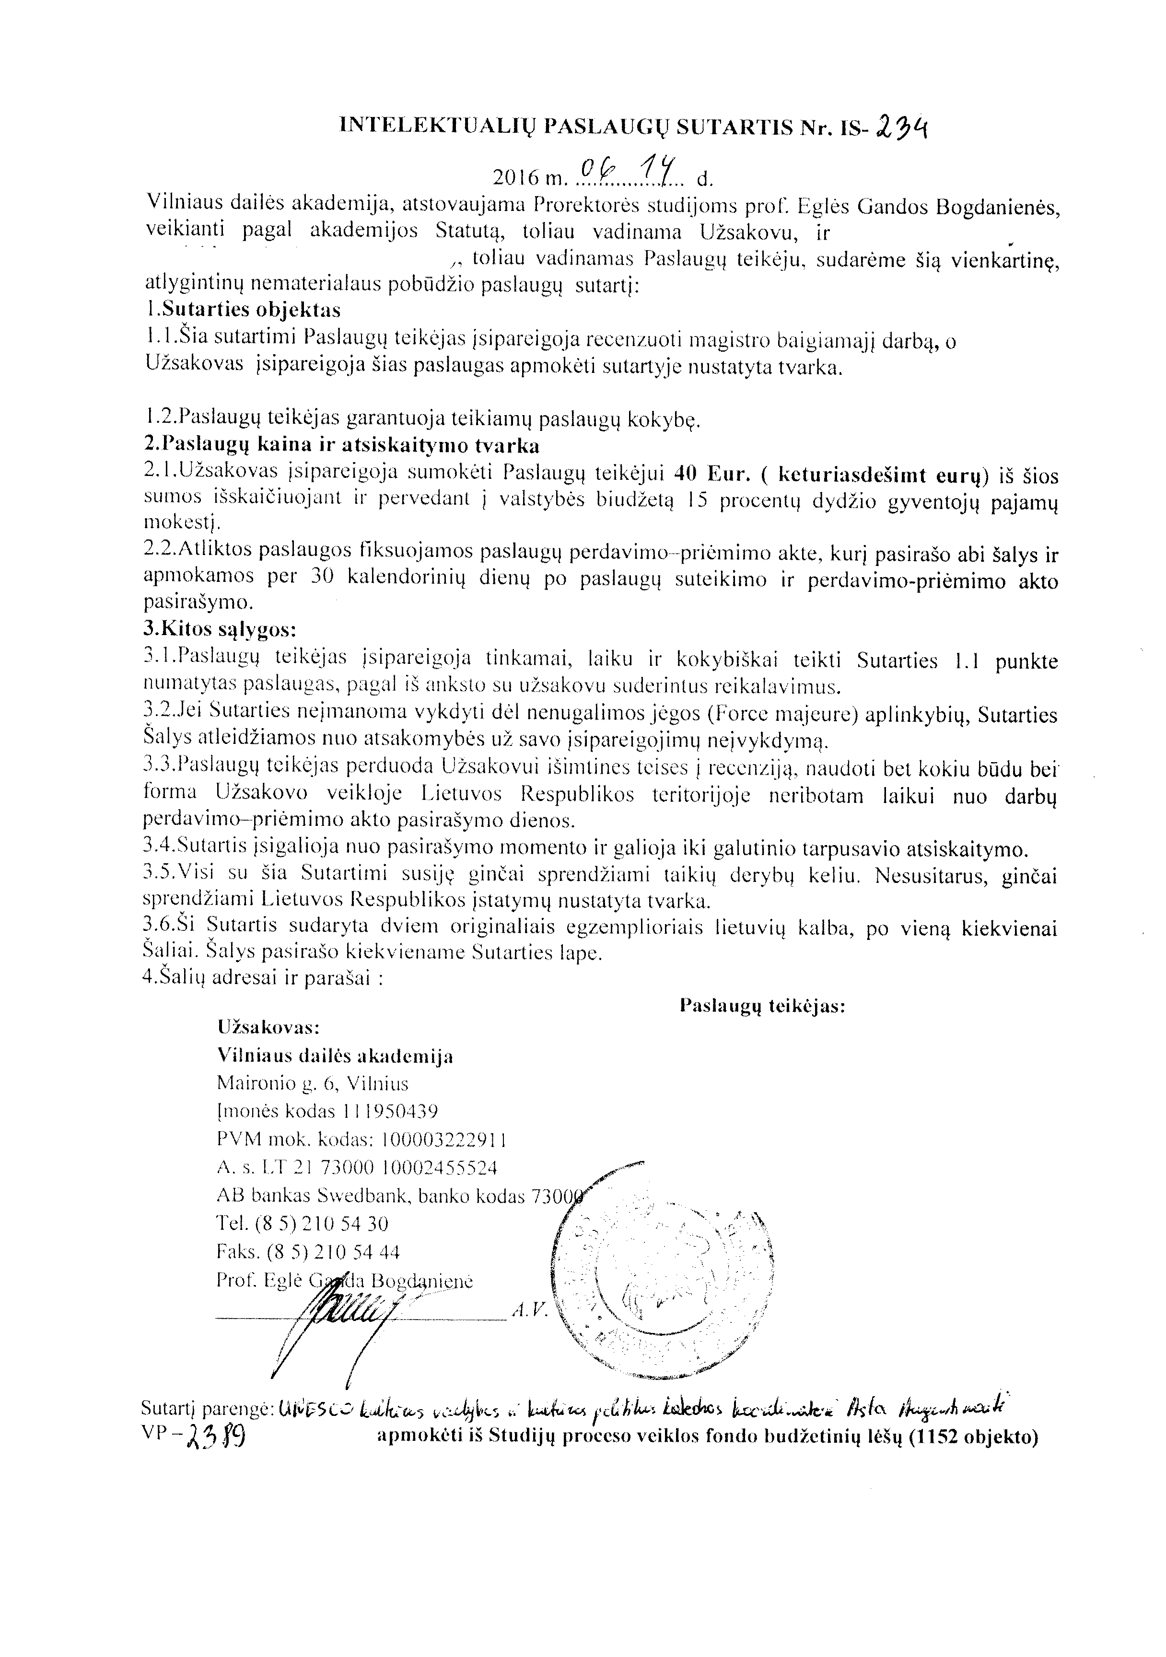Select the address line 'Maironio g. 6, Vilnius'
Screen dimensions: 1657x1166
(313, 1083)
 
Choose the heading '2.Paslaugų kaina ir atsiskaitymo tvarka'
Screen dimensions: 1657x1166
(341, 445)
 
